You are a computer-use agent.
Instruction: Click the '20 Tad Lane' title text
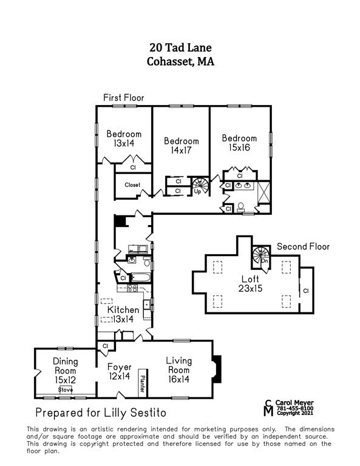(x=180, y=47)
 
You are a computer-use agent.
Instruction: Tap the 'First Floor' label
(x=124, y=98)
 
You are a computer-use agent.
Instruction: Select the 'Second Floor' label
(x=303, y=246)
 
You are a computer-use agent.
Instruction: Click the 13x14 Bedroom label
(x=124, y=138)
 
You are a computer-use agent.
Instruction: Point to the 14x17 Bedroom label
(x=182, y=146)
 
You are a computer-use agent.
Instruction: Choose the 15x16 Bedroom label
(x=239, y=143)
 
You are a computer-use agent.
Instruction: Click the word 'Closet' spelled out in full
(x=132, y=185)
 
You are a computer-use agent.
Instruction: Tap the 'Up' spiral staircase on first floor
(x=200, y=186)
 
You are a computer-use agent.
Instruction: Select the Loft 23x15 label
(x=250, y=283)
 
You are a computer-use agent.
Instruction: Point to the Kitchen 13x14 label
(x=123, y=314)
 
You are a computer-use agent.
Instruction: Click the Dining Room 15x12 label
(x=66, y=370)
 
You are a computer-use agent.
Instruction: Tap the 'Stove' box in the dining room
(x=66, y=390)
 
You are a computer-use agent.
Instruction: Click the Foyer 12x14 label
(x=119, y=371)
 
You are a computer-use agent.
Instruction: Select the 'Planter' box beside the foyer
(x=143, y=383)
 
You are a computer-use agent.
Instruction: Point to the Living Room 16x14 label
(x=178, y=370)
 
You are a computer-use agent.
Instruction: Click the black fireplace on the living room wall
(x=217, y=369)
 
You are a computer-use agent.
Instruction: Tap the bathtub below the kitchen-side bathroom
(x=141, y=277)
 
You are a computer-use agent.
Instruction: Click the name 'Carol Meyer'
(x=294, y=403)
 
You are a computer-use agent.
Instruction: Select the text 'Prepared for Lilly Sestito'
(x=101, y=413)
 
